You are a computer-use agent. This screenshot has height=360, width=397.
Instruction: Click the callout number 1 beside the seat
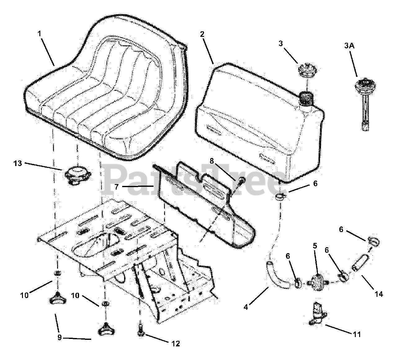[39, 33]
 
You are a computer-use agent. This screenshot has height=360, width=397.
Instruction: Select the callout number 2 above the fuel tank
[202, 34]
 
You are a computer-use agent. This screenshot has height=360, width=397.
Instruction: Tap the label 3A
[349, 46]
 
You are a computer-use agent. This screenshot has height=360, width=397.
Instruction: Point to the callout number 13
[18, 163]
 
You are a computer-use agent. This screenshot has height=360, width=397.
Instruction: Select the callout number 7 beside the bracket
[117, 187]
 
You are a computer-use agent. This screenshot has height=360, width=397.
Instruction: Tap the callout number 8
[212, 161]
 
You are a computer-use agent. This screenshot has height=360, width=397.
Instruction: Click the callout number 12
[176, 344]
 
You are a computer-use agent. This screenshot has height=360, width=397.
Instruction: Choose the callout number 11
[357, 334]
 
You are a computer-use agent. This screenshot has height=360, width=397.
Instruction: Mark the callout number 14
[379, 294]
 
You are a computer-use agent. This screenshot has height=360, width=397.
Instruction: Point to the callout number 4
[246, 307]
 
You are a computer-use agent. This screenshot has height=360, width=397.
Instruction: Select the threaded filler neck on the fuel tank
[306, 98]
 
